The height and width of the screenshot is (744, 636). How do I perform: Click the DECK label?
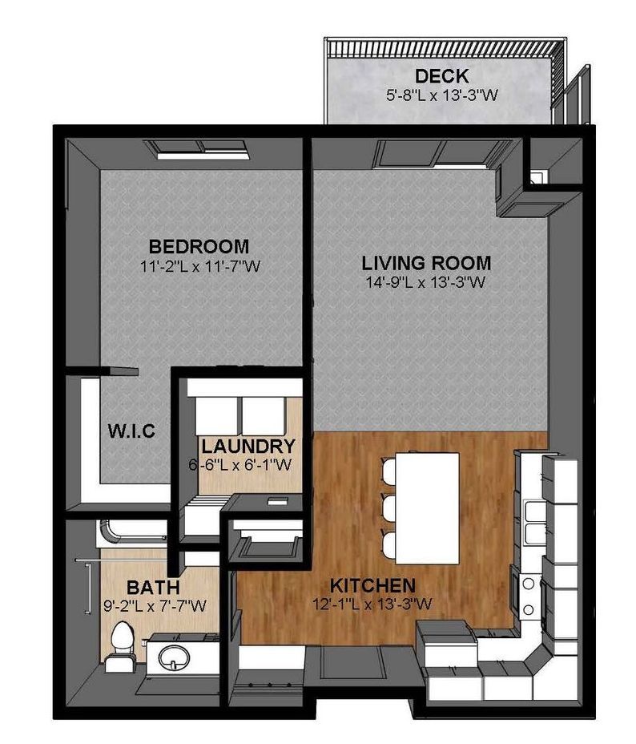[436, 77]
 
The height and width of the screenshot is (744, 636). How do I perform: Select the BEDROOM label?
[199, 246]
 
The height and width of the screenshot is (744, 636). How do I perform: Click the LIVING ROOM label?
[425, 263]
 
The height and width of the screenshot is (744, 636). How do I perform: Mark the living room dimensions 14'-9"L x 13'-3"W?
[425, 281]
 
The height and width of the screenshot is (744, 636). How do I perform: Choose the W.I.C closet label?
[131, 431]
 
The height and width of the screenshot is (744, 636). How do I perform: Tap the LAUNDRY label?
[248, 446]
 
